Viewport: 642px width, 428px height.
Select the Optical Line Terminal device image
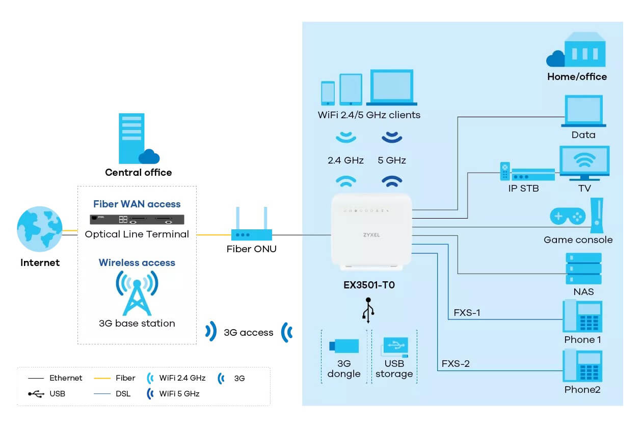pyautogui.click(x=137, y=220)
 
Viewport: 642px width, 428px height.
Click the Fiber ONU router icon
pyautogui.click(x=252, y=225)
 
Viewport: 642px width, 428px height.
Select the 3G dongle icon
pyautogui.click(x=344, y=346)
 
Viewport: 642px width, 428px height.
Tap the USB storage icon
pyautogui.click(x=394, y=347)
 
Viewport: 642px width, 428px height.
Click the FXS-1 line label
pyautogui.click(x=467, y=312)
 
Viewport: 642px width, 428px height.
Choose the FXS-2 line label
pyautogui.click(x=455, y=363)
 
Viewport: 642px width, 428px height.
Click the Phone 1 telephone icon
pyautogui.click(x=582, y=316)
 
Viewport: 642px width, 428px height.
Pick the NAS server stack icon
pyautogui.click(x=583, y=269)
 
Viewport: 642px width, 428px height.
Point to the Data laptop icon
pyautogui.click(x=584, y=111)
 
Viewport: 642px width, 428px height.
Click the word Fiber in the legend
pyautogui.click(x=126, y=378)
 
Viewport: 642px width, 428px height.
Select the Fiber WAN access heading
pyautogui.click(x=137, y=204)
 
